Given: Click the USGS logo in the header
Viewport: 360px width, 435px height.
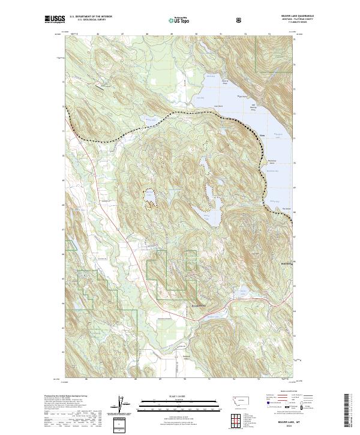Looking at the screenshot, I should coord(53,20).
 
